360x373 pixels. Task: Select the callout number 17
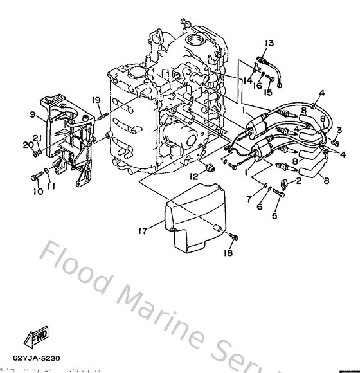click(x=142, y=228)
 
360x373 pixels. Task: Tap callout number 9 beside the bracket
click(x=32, y=115)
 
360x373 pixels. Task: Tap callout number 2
click(x=298, y=182)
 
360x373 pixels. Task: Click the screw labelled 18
click(x=235, y=237)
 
